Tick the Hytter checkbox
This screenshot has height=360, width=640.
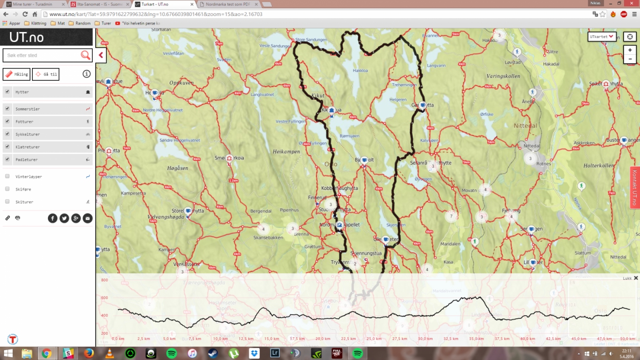click(x=7, y=92)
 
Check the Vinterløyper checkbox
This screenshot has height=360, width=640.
click(x=7, y=176)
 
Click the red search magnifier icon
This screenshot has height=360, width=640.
click(x=85, y=55)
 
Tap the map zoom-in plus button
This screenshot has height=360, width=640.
click(x=630, y=50)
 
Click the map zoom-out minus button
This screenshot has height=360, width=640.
click(x=630, y=59)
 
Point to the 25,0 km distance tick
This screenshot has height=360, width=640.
click(x=373, y=339)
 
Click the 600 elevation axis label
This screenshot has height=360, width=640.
click(x=104, y=298)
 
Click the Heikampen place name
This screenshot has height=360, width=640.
click(x=286, y=152)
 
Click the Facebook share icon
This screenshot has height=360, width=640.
click(x=53, y=218)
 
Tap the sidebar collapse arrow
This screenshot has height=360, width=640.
click(x=101, y=55)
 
